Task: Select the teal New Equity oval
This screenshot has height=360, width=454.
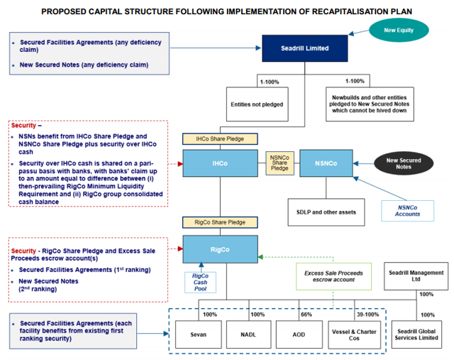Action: pos(400,30)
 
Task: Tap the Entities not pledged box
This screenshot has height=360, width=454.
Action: pos(257,104)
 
